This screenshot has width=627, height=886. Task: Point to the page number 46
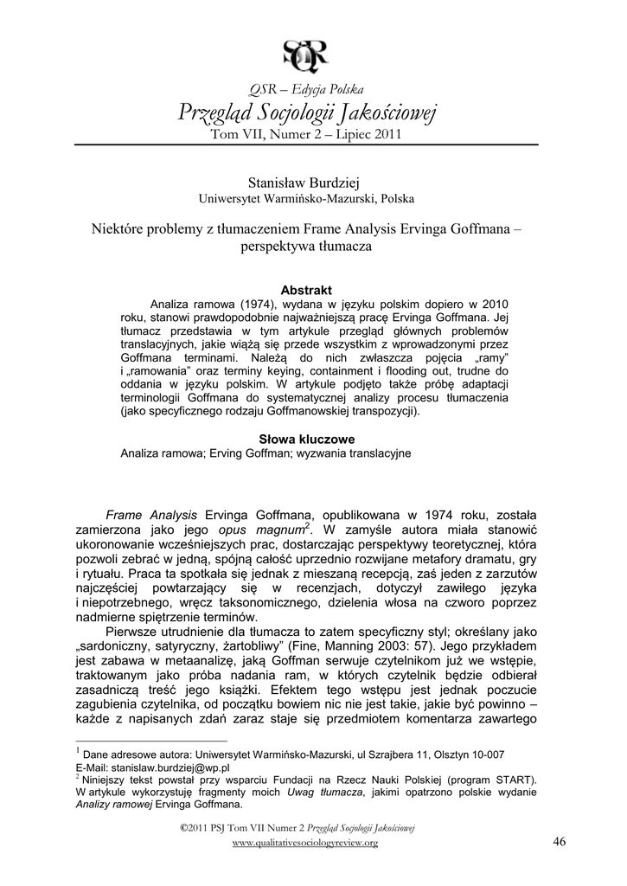(558, 843)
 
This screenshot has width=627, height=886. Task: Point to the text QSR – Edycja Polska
(307, 89)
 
